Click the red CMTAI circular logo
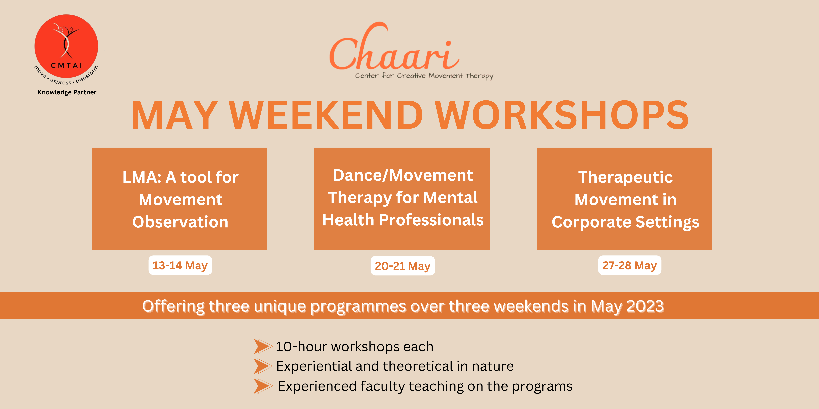click(66, 46)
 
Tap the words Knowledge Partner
click(67, 92)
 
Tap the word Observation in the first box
click(180, 222)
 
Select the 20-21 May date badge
click(403, 266)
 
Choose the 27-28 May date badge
click(630, 265)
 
